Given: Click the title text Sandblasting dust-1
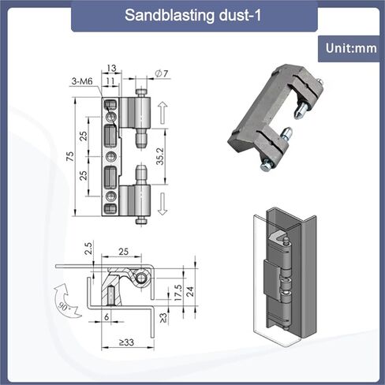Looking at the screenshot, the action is coord(192,15).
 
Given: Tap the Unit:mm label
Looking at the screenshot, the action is coord(351,48).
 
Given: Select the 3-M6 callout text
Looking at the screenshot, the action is coord(82,81).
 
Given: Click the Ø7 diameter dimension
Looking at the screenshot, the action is coord(162,73).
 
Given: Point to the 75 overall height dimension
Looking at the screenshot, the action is coord(70,157).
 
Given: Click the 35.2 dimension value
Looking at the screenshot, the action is coord(159,156).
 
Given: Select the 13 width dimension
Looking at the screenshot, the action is coord(111,68).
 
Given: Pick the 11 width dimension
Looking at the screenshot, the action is coord(110,81).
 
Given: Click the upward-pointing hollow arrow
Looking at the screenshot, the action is coord(163,113).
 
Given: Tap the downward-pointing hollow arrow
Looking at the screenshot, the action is coord(163,204).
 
